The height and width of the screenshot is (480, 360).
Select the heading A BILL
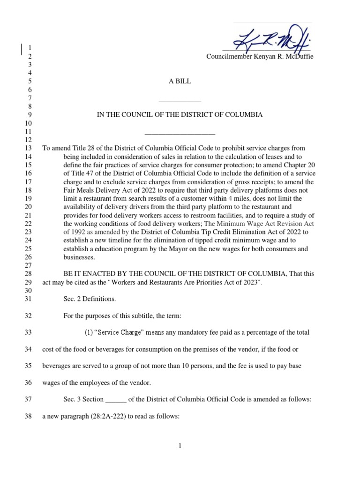click(x=180, y=81)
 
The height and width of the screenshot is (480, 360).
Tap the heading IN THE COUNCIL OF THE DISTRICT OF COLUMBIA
click(x=180, y=115)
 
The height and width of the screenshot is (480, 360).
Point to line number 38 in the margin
click(x=27, y=415)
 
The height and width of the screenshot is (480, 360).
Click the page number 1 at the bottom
click(x=180, y=446)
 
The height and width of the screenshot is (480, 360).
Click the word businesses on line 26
click(x=78, y=257)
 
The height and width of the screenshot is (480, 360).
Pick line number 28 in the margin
click(x=27, y=274)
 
